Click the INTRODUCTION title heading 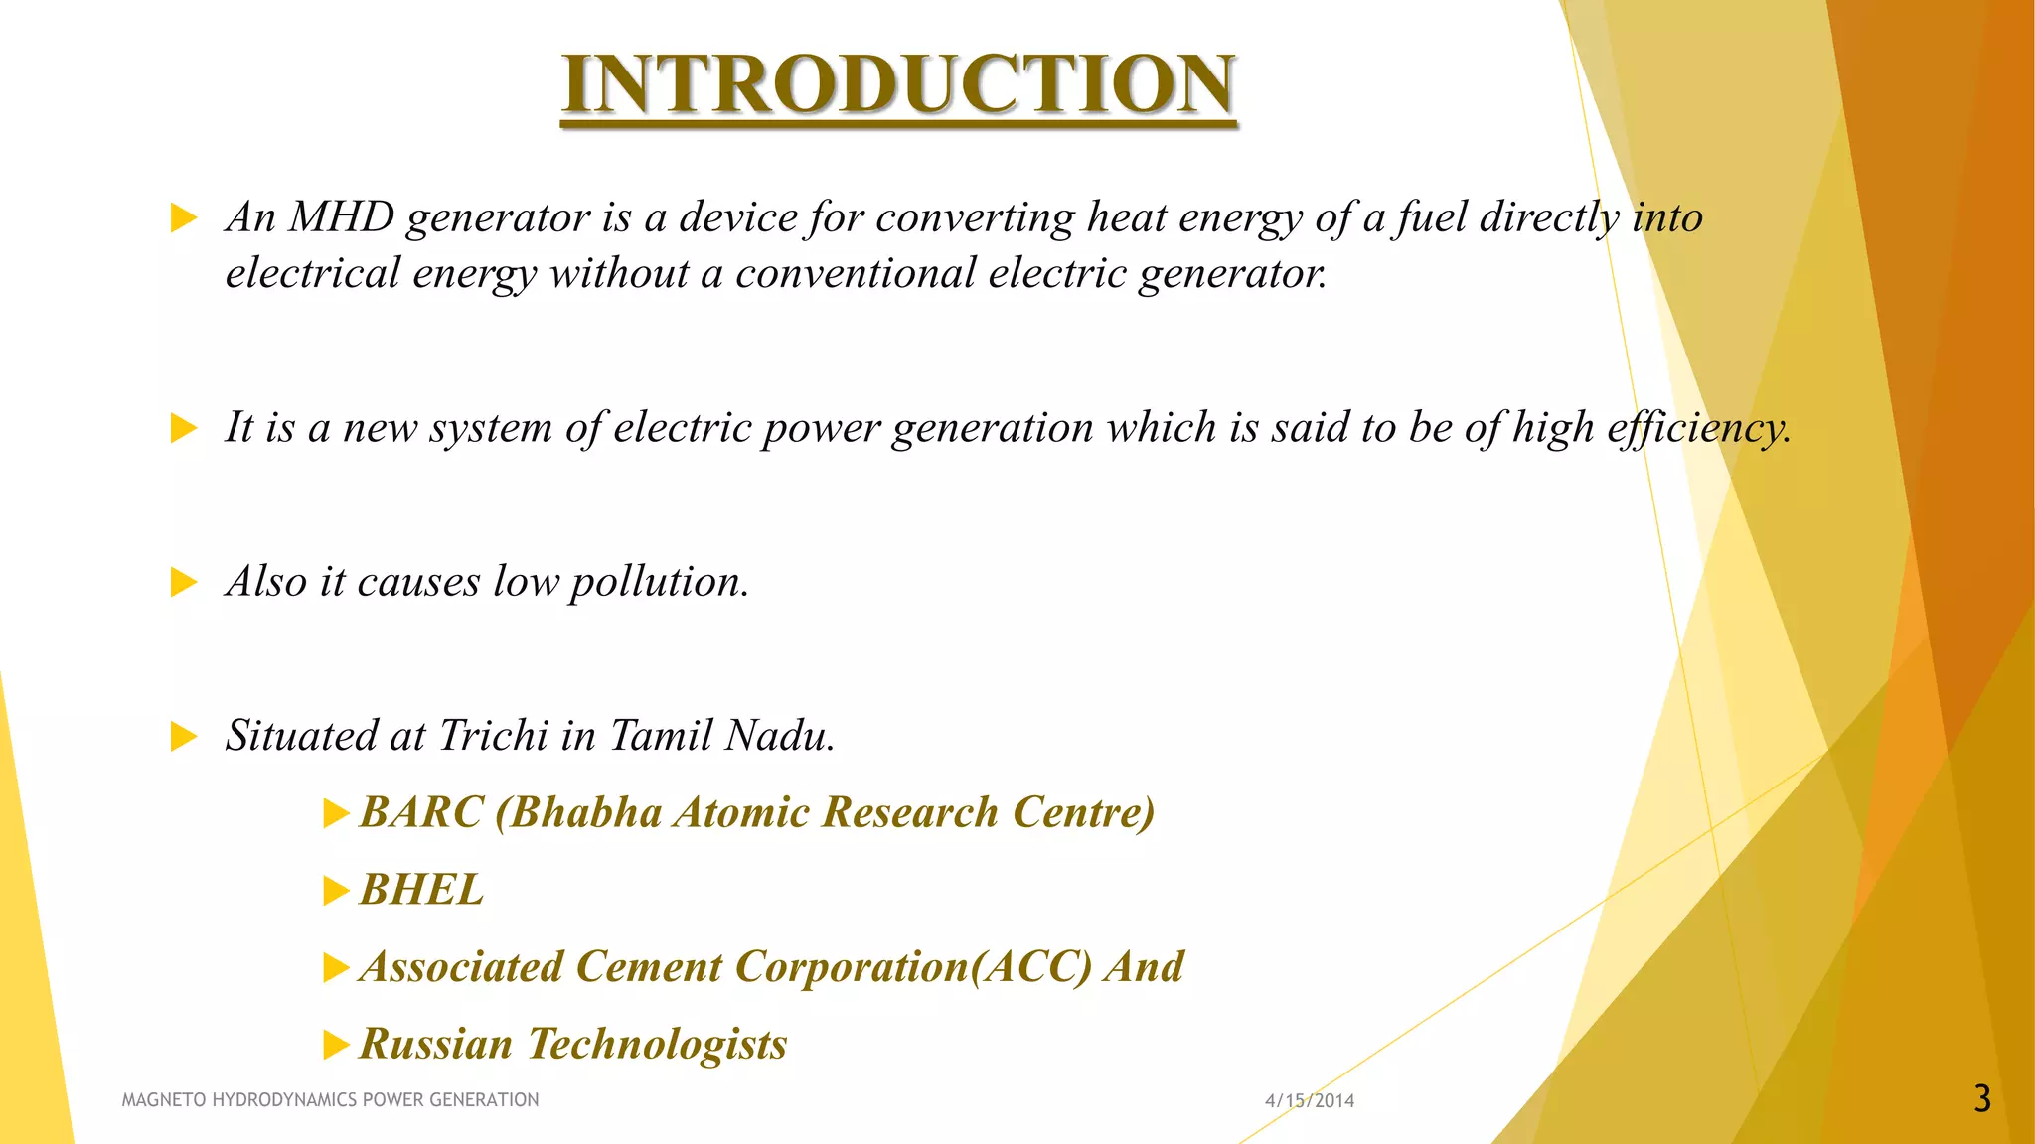898,84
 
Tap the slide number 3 1981,1099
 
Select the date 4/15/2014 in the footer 1309,1100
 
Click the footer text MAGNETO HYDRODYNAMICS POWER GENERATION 330,1099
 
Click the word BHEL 421,890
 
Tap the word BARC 421,812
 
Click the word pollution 659,582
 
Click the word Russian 435,1044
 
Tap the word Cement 648,967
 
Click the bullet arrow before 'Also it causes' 184,582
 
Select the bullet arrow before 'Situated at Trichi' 184,737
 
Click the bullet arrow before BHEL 336,892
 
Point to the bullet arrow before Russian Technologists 336,1045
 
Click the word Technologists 657,1044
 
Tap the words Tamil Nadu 721,736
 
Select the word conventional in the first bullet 856,273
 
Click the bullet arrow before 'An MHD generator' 184,217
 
